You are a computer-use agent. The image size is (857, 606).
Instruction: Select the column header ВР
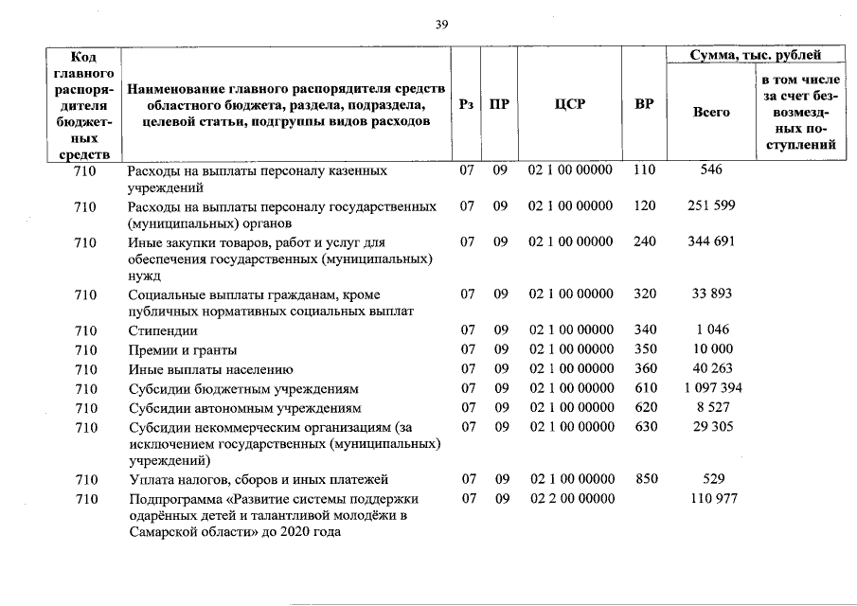pos(644,105)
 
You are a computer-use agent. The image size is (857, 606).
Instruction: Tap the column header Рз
pos(465,105)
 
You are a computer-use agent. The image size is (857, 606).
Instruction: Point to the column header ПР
pos(498,105)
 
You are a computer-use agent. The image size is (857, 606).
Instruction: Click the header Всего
pos(711,112)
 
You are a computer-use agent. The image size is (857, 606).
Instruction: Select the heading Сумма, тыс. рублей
pos(755,56)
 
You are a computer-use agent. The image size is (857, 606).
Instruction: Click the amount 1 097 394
pos(712,388)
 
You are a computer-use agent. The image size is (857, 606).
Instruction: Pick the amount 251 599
pos(711,205)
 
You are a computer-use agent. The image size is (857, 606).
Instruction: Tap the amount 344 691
pos(711,241)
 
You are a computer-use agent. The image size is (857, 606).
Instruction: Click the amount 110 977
pos(712,498)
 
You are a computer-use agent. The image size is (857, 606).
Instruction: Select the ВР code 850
pos(645,479)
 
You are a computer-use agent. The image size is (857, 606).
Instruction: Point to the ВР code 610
pos(645,388)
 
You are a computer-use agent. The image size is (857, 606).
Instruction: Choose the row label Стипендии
pos(163,330)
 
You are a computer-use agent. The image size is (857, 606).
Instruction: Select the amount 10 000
pos(712,350)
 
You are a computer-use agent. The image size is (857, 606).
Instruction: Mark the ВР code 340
pos(645,330)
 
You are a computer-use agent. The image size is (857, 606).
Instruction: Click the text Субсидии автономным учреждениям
pos(245,408)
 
